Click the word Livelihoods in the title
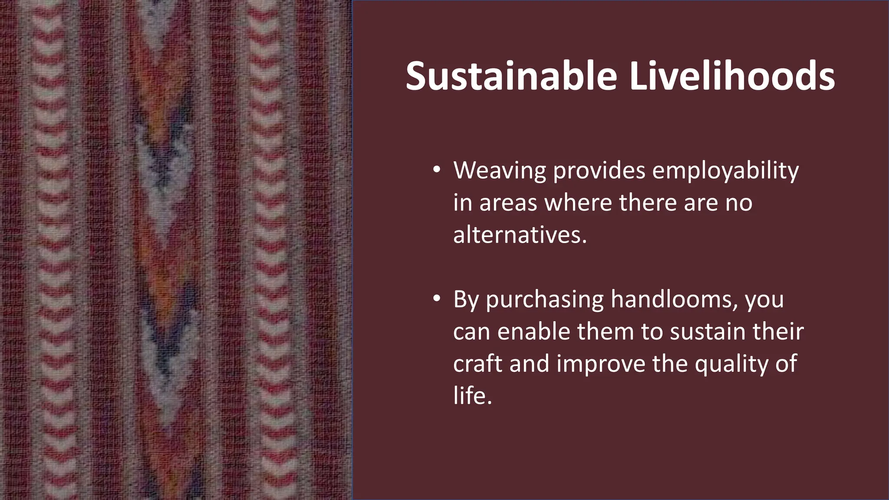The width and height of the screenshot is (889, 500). point(731,76)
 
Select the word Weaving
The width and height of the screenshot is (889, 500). point(500,171)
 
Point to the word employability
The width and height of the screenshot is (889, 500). point(725,171)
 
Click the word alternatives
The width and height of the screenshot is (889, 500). point(520,235)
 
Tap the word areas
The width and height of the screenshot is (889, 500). point(508,203)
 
